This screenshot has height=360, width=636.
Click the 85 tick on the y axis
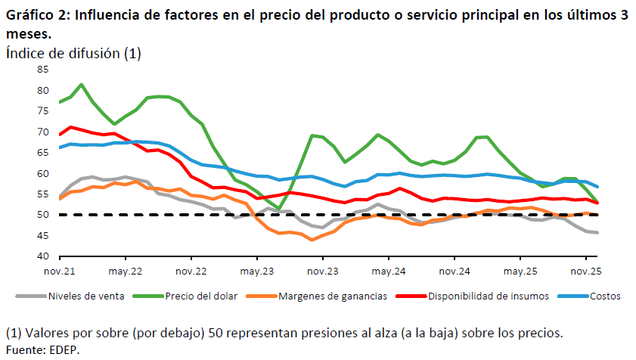click(42, 70)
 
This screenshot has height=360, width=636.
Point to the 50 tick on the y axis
click(42, 215)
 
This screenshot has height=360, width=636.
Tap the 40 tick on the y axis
click(42, 256)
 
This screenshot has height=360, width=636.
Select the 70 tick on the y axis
click(42, 132)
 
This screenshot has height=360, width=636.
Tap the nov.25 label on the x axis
click(585, 270)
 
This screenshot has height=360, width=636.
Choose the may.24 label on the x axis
click(388, 270)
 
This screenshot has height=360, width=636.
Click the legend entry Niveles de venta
click(83, 296)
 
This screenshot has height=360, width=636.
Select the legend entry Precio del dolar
click(194, 296)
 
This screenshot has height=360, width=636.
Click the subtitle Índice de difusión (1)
click(73, 53)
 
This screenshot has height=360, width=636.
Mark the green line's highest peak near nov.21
click(82, 85)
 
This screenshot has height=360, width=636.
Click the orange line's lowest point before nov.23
click(312, 240)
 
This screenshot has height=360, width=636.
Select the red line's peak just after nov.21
click(71, 127)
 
